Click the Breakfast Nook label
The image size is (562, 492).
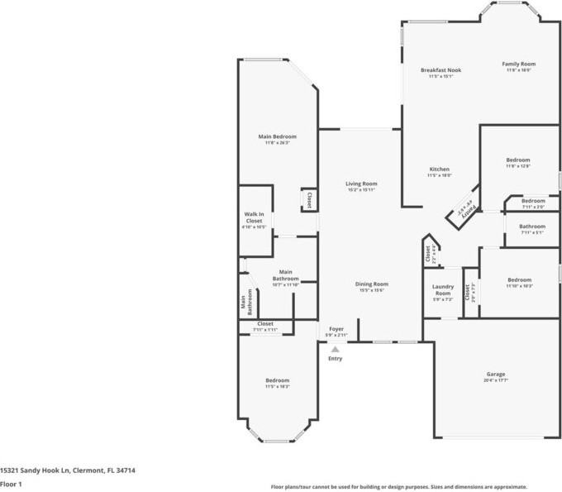pos(441,70)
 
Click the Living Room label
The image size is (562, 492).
pos(361,184)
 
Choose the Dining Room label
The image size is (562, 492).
pos(373,284)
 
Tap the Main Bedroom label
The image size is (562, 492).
pos(277,136)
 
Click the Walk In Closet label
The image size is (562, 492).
pos(254,217)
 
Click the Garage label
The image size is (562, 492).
pos(495,375)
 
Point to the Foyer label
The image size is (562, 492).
pos(336,329)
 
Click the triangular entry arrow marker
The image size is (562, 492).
pos(335,350)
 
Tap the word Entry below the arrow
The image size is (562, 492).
pos(335,358)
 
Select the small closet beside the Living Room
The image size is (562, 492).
pos(309,199)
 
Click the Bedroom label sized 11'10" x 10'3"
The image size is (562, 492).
pos(519,279)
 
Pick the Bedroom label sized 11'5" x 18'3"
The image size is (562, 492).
pos(277,380)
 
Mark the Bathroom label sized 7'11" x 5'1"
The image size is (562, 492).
pos(532,227)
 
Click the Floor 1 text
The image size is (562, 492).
pos(11,484)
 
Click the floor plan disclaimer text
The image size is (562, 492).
pos(399,487)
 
